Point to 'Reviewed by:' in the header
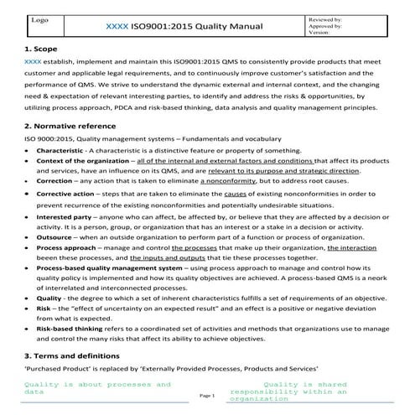point(324,18)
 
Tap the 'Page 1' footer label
point(208,394)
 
